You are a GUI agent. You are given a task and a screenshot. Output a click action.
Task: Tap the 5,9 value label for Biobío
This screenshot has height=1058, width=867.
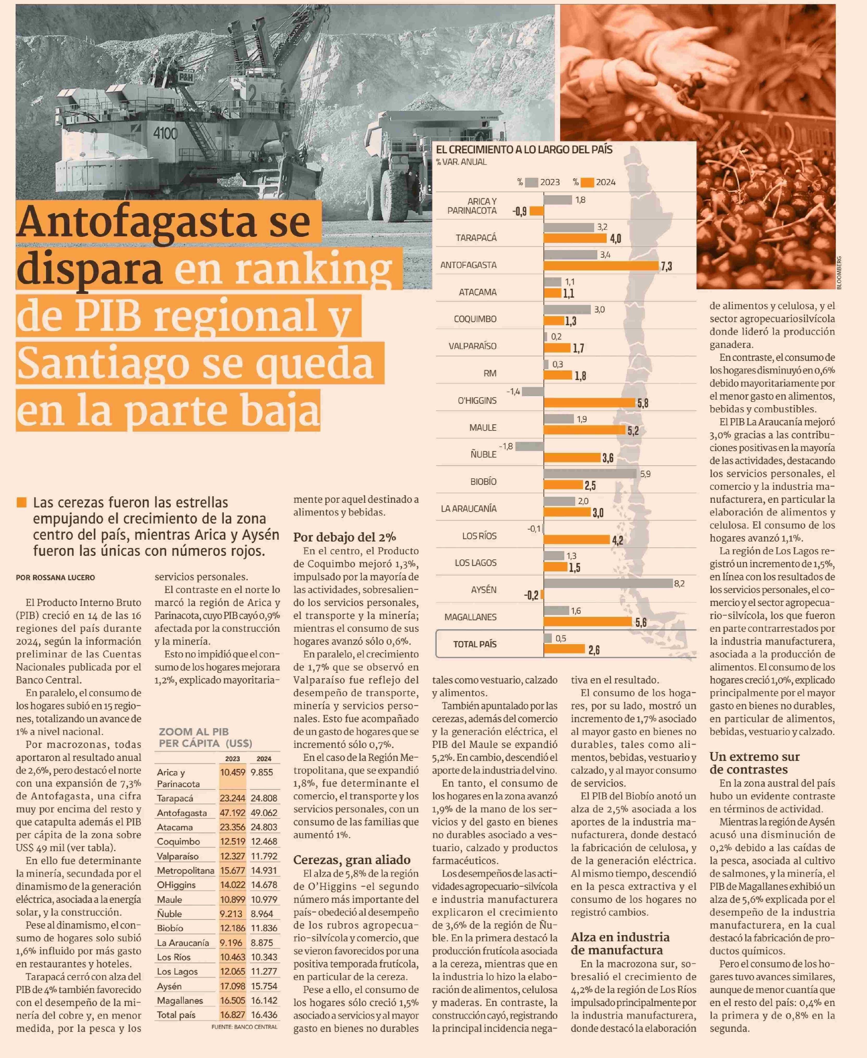tap(645, 474)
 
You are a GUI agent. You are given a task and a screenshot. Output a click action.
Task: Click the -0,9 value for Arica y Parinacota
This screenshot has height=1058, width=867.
tap(519, 211)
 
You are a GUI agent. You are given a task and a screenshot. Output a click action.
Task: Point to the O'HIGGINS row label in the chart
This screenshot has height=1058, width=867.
tap(477, 400)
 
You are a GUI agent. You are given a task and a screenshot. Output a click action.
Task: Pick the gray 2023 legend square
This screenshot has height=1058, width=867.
tap(532, 182)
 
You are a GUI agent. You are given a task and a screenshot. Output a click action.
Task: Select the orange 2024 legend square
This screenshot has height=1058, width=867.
tap(587, 182)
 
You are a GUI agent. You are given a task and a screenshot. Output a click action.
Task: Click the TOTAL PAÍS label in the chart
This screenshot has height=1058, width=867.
tap(474, 644)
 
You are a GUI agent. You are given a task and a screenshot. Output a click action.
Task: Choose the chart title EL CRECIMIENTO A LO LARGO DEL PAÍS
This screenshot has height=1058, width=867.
tap(524, 149)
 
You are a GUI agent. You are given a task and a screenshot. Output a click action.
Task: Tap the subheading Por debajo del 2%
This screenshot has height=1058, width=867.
tap(345, 537)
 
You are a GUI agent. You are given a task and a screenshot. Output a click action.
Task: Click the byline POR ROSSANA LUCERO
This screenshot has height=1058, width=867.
tap(55, 578)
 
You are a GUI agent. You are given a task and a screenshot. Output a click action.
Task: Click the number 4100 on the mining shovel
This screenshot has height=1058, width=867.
tap(165, 133)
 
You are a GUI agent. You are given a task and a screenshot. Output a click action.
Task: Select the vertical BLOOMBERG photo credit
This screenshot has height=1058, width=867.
tap(839, 273)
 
